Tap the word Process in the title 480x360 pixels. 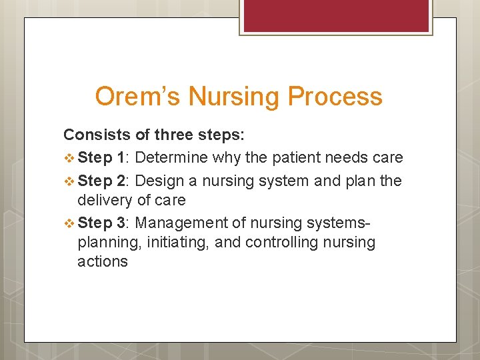click(x=335, y=97)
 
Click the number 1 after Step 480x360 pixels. click(x=121, y=157)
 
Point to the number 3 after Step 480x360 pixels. click(x=121, y=222)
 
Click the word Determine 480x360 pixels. click(x=171, y=157)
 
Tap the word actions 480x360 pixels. click(x=103, y=261)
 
